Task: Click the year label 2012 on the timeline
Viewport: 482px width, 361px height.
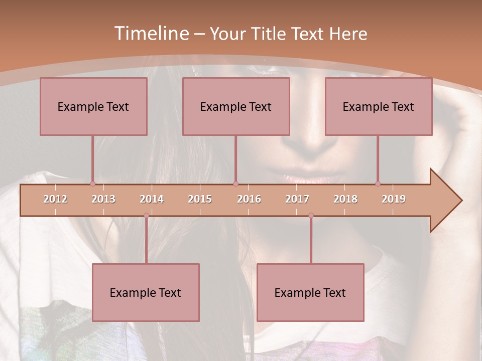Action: pos(55,199)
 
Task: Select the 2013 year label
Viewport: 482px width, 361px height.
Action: pos(103,199)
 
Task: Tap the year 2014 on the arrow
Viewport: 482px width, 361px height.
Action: pos(152,199)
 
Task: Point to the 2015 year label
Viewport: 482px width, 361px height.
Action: pos(200,199)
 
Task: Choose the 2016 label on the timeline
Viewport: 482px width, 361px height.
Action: pos(249,199)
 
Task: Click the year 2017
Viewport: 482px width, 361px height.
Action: pos(297,199)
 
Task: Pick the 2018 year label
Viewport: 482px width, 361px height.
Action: pos(345,199)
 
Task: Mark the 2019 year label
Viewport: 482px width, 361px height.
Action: pos(394,199)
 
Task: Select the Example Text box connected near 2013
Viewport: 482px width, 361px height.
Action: pos(93,106)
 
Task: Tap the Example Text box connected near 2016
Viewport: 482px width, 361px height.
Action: pos(236,106)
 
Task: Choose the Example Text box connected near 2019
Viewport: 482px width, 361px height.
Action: pos(379,106)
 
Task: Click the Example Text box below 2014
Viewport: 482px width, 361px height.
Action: pos(146,292)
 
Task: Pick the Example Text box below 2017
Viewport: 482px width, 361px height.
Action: pos(310,292)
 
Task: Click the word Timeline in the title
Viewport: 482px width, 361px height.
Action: pos(151,34)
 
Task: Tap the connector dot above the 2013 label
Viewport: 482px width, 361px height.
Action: pos(92,184)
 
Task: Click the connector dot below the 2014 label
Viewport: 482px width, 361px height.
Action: pos(146,216)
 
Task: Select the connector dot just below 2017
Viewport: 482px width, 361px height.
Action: pos(311,216)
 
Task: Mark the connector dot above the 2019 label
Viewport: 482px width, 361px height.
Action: pos(378,184)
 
